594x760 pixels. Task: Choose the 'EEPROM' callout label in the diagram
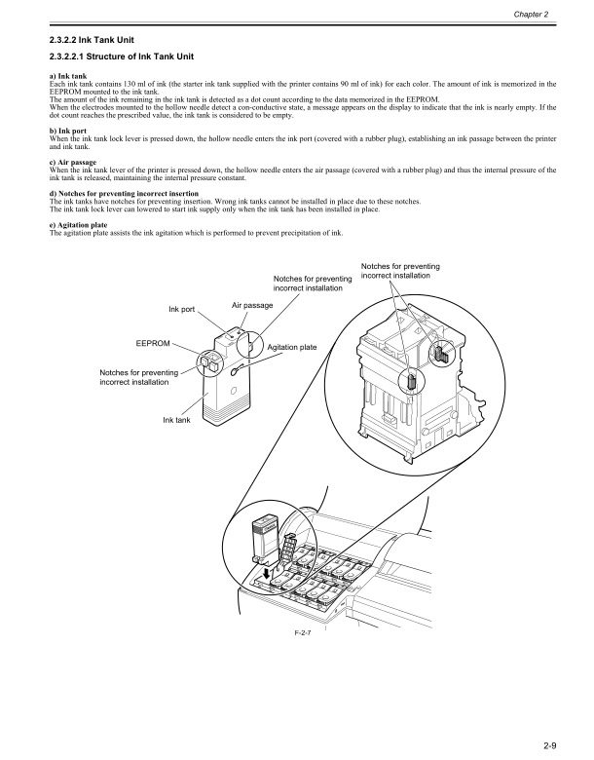click(x=153, y=344)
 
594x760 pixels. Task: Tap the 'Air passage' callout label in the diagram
click(x=252, y=305)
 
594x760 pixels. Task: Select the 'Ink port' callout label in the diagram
click(x=182, y=310)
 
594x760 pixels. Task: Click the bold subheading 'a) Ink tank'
click(x=66, y=76)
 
